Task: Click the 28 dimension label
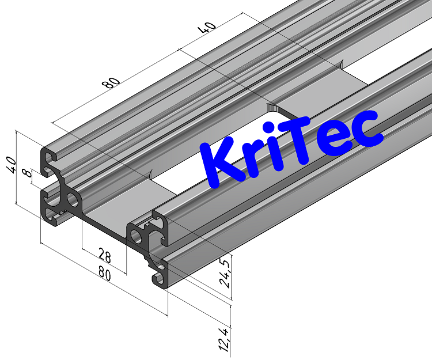[x=104, y=255]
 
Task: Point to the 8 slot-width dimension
[x=25, y=173]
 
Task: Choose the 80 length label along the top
[x=111, y=82]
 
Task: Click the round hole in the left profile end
[x=73, y=200]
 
